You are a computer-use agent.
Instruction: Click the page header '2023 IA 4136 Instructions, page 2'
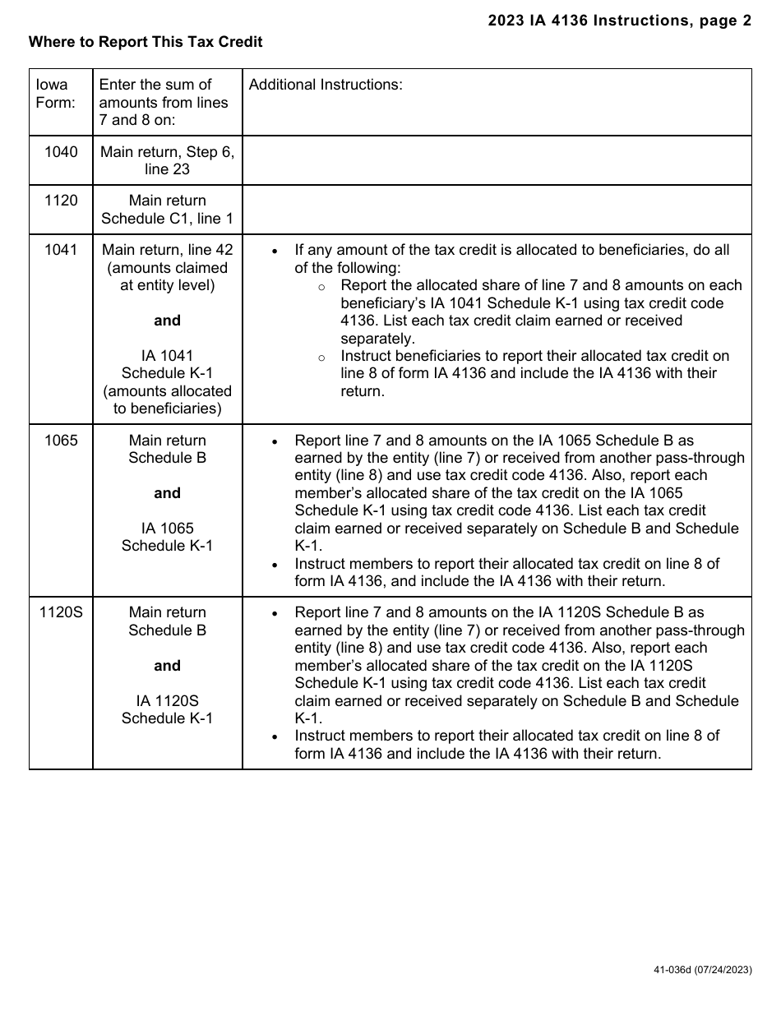pos(619,21)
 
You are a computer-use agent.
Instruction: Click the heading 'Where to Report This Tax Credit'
pos(146,41)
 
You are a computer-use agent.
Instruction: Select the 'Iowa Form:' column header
pos(53,94)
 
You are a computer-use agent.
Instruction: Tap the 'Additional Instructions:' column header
pos(326,85)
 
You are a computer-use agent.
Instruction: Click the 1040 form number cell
pos(61,152)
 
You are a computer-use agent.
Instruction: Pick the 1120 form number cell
pos(61,201)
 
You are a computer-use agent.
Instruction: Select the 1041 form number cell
pos(61,250)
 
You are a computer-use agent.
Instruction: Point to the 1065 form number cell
pos(61,441)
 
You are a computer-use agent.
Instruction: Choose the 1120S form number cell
pos(61,612)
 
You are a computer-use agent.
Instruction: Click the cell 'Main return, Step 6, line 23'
pos(167,160)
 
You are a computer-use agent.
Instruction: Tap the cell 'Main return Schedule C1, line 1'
pos(167,210)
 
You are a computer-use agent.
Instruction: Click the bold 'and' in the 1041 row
pos(167,321)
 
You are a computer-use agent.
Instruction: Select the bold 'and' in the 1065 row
pos(167,493)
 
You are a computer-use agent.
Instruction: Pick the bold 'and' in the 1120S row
pos(167,666)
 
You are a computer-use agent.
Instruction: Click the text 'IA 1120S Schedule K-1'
pos(167,709)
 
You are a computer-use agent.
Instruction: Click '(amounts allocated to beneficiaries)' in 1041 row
pos(167,399)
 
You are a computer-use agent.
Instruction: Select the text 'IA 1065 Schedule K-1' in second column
pos(167,537)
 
